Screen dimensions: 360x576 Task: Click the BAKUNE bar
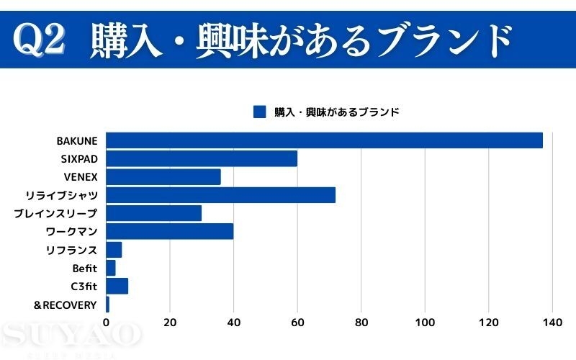(x=324, y=140)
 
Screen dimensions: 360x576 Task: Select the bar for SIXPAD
(x=202, y=158)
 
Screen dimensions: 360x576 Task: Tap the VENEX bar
(x=163, y=177)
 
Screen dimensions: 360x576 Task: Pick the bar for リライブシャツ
(x=220, y=195)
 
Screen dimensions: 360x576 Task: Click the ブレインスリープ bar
(x=154, y=213)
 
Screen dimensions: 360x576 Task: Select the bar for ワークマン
(x=170, y=231)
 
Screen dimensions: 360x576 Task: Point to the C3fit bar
(x=117, y=286)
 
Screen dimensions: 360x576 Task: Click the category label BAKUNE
(x=76, y=140)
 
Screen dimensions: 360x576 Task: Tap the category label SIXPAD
(x=79, y=158)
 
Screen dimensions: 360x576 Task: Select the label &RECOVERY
(x=65, y=305)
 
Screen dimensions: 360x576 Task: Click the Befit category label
(x=84, y=268)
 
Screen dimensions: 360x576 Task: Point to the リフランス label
(x=71, y=250)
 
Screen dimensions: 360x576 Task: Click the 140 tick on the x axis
(x=552, y=323)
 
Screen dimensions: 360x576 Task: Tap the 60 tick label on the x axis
(x=297, y=323)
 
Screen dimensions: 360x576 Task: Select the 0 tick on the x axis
(x=107, y=323)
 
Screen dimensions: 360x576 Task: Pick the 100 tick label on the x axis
(x=425, y=323)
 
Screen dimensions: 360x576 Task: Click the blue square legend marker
(x=260, y=112)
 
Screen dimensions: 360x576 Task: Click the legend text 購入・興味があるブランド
(x=336, y=112)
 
